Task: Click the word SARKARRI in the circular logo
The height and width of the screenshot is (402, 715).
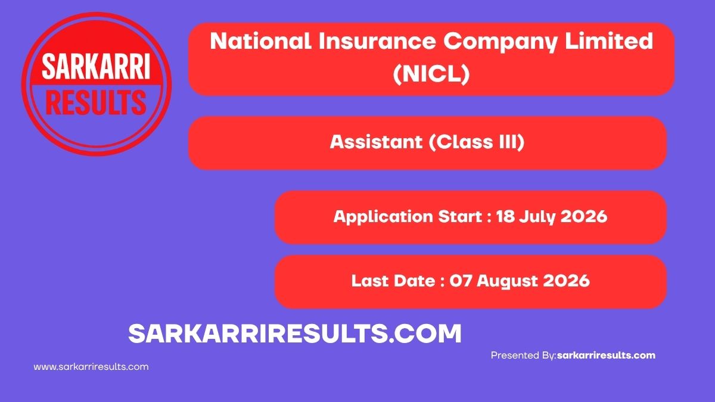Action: pos(96,66)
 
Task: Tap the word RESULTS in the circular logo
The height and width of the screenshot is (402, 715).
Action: pos(96,102)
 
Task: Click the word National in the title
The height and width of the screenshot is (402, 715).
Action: pos(261,41)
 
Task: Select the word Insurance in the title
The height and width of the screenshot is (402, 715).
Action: pos(377,41)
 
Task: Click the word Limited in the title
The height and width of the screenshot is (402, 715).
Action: pos(609,41)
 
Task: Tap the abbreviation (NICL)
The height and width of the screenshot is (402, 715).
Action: pos(431,74)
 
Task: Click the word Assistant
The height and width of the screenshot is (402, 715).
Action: pos(376,142)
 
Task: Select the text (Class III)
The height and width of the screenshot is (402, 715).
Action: pos(477,142)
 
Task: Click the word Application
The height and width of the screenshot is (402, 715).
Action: pos(383,217)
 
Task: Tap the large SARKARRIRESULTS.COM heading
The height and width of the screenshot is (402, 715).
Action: pos(295,334)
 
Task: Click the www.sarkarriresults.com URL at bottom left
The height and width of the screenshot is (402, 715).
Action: pos(91,367)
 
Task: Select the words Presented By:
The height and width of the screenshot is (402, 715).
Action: pos(524,356)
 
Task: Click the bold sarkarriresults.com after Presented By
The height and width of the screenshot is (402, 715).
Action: pos(606,356)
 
